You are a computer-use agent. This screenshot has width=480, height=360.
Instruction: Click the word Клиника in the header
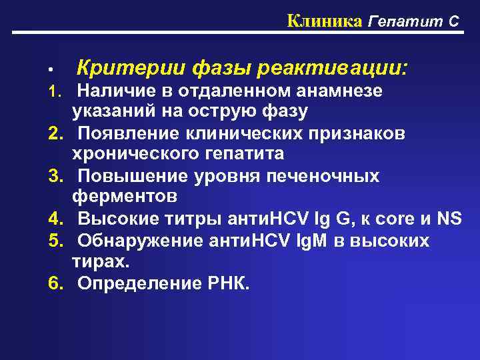324,21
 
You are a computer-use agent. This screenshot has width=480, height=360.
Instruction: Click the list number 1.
56,90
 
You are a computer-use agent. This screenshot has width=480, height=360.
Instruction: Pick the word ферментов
125,197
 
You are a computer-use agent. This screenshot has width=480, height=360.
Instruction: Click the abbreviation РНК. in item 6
230,283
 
